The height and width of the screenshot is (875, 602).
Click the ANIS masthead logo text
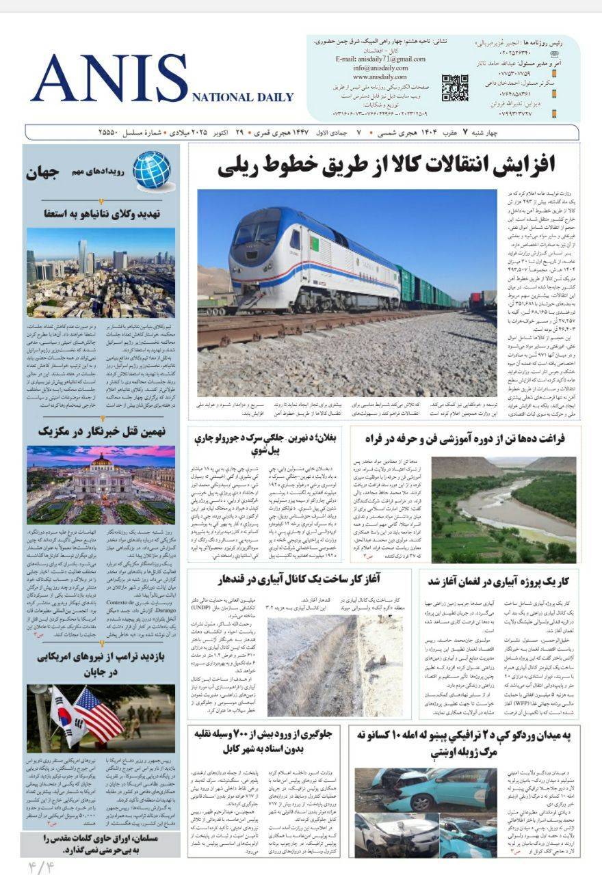[x=109, y=79]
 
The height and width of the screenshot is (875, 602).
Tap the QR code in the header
[x=454, y=88]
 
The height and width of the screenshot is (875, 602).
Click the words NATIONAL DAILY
[x=243, y=98]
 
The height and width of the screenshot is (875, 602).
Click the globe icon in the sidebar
[x=152, y=170]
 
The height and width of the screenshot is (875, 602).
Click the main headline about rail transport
[x=386, y=166]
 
